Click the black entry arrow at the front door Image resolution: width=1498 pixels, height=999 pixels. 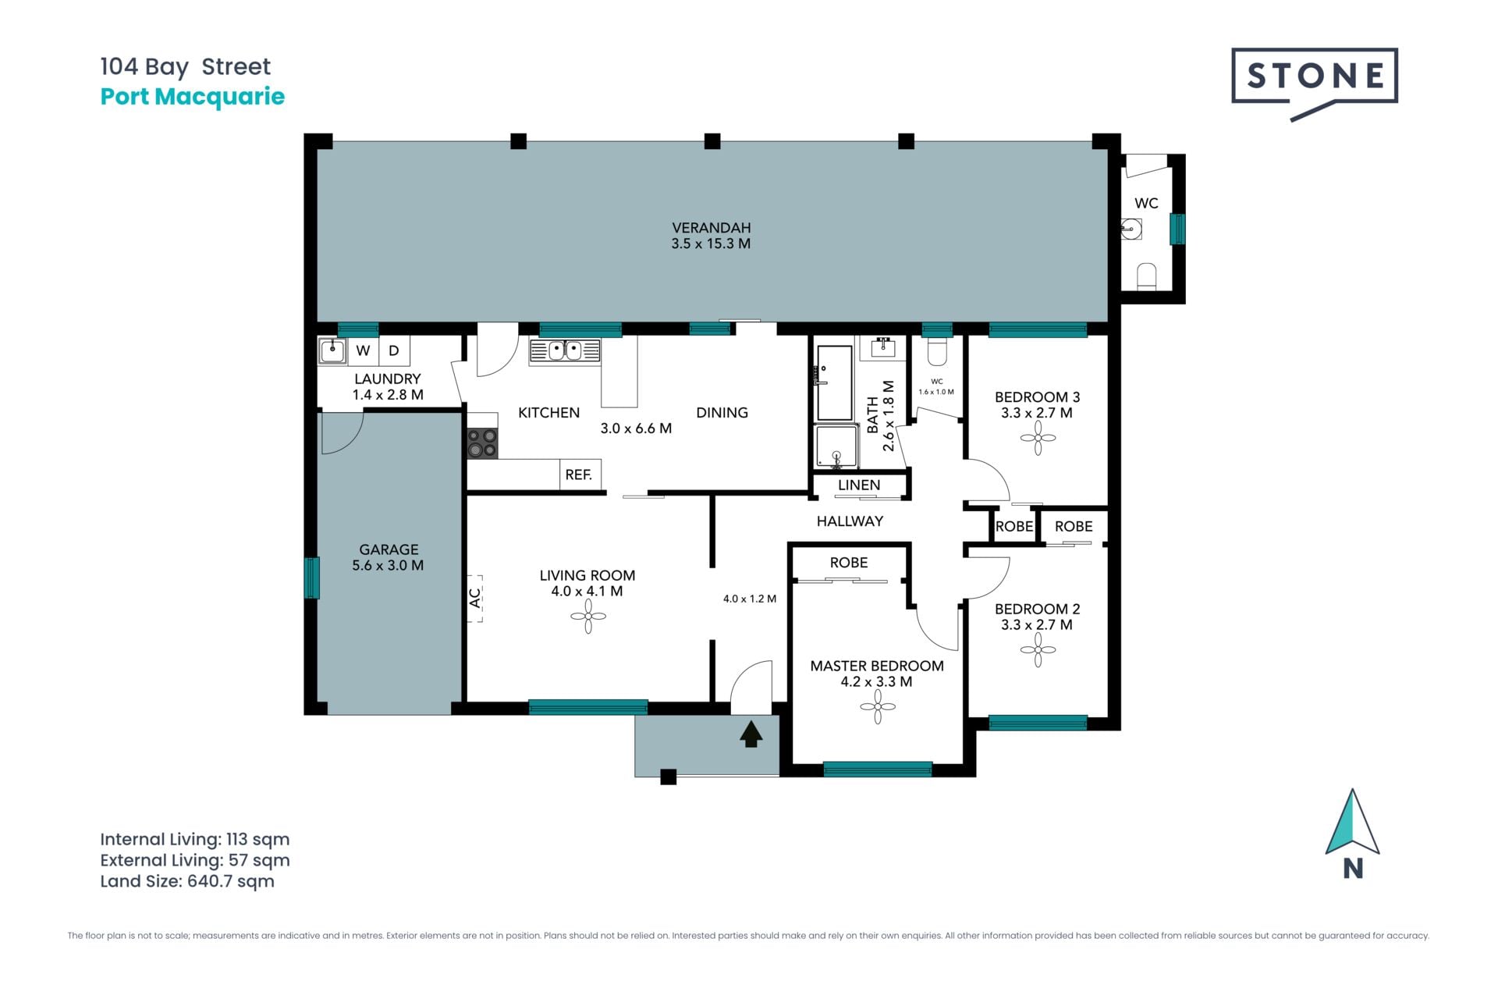click(x=751, y=734)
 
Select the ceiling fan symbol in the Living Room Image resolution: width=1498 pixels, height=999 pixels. click(x=588, y=617)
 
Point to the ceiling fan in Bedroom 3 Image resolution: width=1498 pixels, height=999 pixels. click(x=1038, y=438)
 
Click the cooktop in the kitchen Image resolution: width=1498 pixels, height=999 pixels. click(x=482, y=443)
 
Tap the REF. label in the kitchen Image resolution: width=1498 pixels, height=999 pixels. click(x=579, y=475)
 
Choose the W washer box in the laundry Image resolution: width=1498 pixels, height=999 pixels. click(x=364, y=350)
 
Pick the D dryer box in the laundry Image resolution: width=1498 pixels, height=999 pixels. click(x=394, y=350)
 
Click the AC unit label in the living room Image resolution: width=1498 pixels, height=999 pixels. click(x=475, y=598)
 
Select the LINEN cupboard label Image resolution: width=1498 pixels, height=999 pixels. click(x=859, y=485)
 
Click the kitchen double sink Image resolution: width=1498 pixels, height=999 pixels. click(x=565, y=350)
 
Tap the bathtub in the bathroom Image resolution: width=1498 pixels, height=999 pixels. click(x=834, y=382)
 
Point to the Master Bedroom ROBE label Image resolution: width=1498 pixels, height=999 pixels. click(x=849, y=563)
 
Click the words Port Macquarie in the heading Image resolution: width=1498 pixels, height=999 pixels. click(x=193, y=97)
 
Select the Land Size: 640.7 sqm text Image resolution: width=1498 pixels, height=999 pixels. click(x=187, y=881)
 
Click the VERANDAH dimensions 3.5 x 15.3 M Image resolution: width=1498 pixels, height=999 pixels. click(x=711, y=244)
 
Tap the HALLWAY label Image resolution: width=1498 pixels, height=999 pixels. click(x=850, y=521)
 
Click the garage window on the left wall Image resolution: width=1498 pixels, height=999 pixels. click(x=311, y=578)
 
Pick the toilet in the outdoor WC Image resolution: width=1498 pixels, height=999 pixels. click(x=1146, y=276)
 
